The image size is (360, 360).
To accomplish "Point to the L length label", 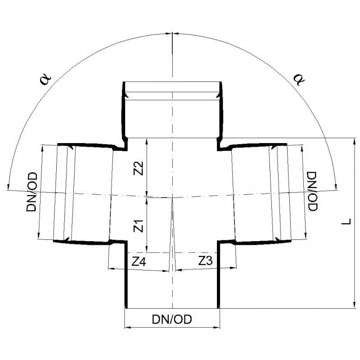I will (x=345, y=222).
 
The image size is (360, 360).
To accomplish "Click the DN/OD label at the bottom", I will (x=171, y=319).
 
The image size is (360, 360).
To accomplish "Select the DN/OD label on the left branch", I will (x=31, y=193).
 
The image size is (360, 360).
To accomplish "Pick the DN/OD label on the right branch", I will (x=312, y=191).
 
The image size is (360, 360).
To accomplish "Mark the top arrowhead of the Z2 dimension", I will (x=147, y=141).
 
